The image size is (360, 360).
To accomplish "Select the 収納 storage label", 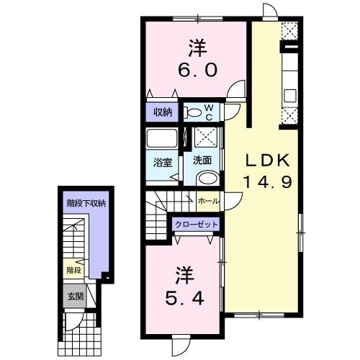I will coord(163,112).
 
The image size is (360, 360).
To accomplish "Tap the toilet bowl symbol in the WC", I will coord(192,112).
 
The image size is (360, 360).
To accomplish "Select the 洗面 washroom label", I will coord(202,161).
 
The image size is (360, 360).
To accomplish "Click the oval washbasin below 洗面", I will coord(209,180).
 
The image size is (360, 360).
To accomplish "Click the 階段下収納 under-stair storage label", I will coord(86,204).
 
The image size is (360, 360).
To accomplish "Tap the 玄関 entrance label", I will coord(75,296).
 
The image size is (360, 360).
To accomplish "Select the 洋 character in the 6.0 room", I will coord(197,48).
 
